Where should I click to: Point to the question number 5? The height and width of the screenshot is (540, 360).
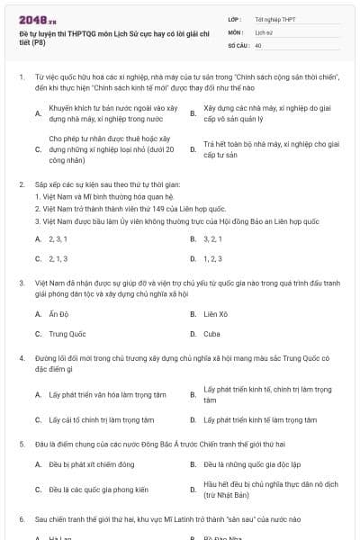pos(21,444)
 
